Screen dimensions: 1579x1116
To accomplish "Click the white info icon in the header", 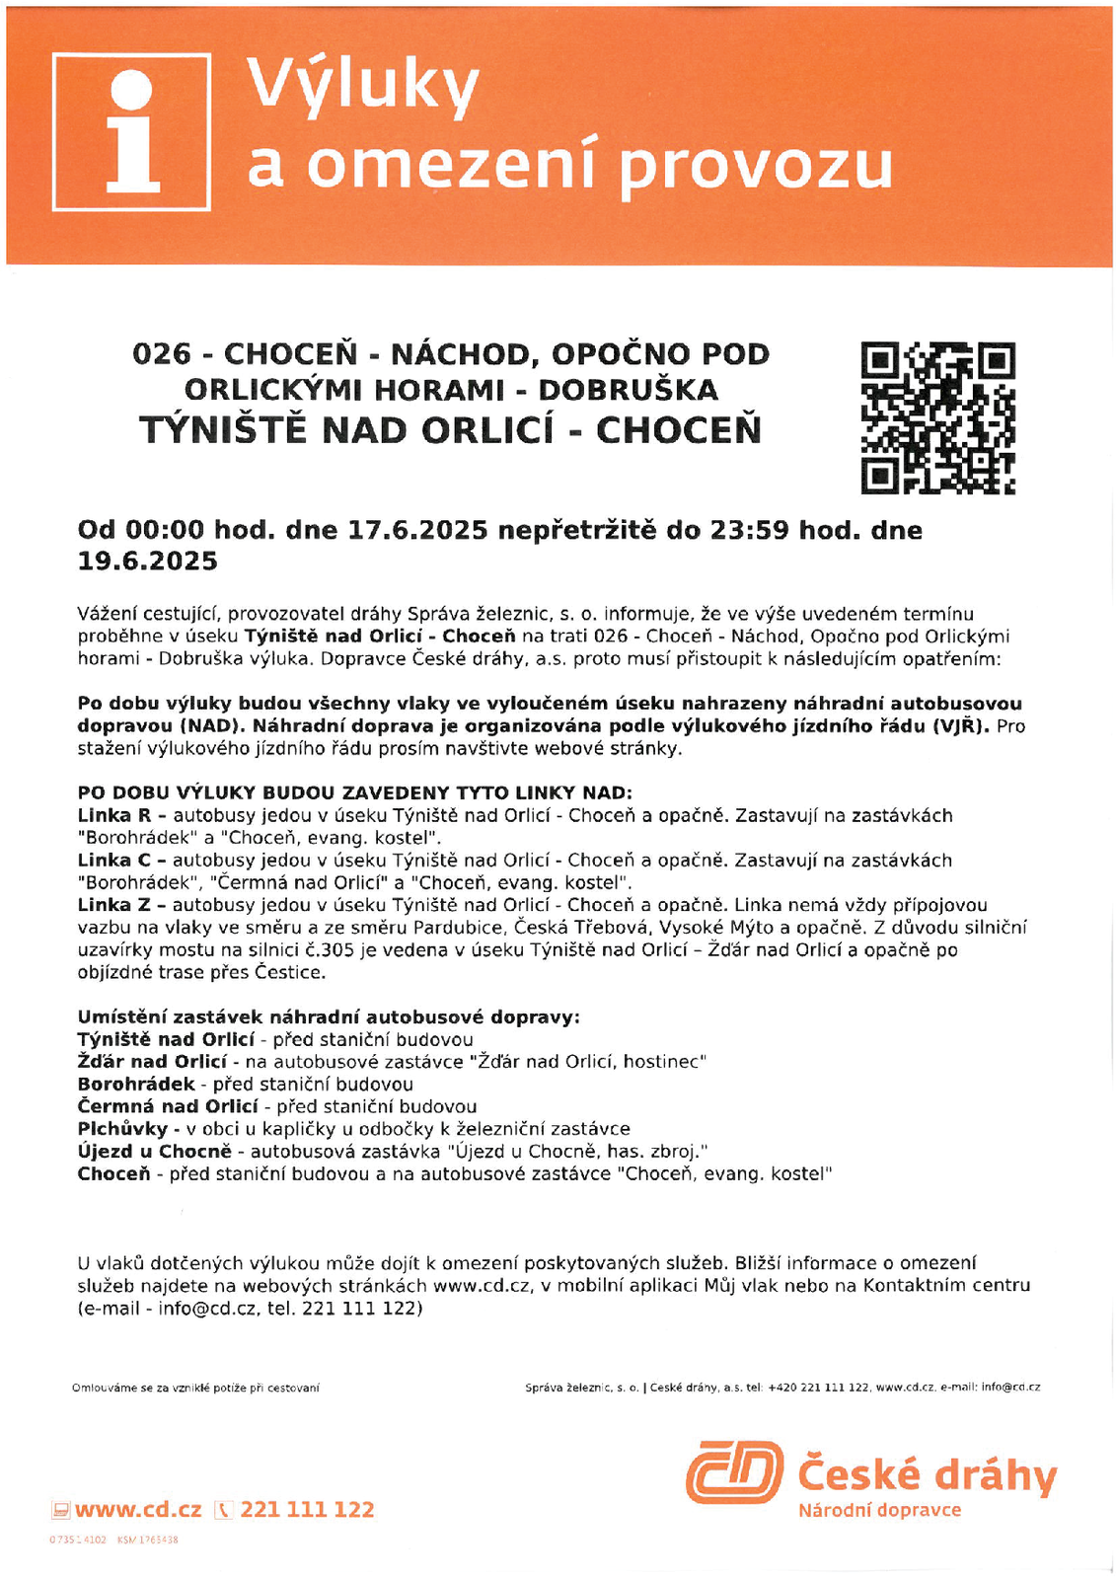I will click(x=131, y=132).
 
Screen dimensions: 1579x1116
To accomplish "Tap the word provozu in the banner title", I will click(x=757, y=165).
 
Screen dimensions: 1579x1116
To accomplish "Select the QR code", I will click(x=937, y=417).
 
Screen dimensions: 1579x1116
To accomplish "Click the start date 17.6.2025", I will click(x=417, y=530).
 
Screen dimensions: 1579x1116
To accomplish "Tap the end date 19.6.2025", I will click(x=148, y=562).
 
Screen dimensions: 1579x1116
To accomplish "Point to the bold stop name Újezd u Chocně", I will click(x=154, y=1152).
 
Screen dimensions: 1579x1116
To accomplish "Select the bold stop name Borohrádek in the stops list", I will click(x=136, y=1085).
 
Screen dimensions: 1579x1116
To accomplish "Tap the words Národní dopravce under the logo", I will click(x=879, y=1511).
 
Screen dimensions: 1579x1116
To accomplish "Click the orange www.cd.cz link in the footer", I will click(x=138, y=1510).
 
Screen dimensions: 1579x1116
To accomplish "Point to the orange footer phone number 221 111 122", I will click(x=307, y=1510).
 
